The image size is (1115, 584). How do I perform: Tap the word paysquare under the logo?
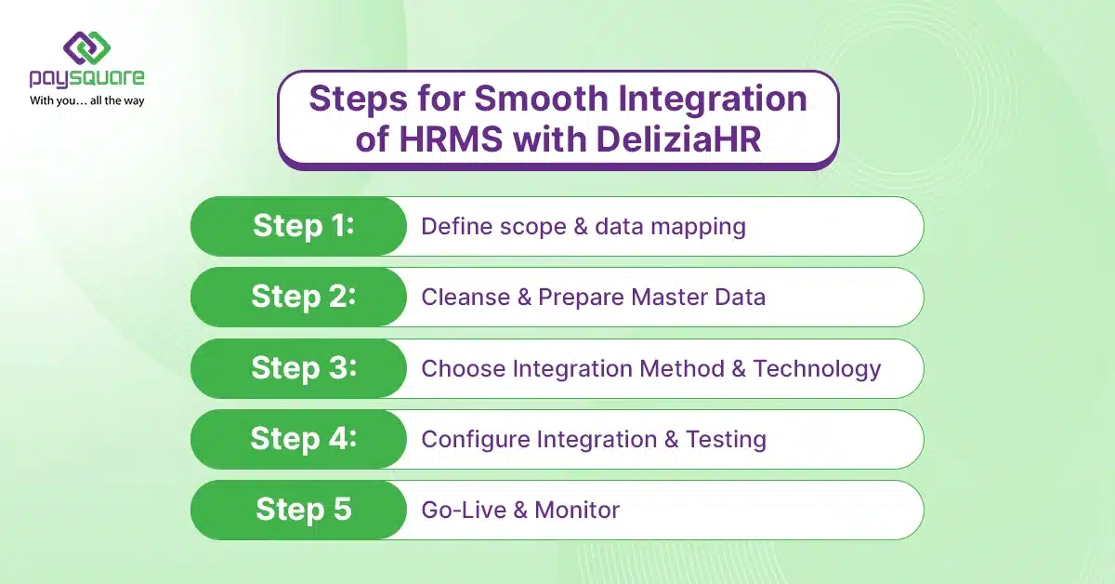pyautogui.click(x=86, y=79)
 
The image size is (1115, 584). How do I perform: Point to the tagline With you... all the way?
pyautogui.click(x=86, y=100)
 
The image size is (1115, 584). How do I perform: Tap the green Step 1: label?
pyautogui.click(x=303, y=226)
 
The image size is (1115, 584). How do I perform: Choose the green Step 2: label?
pyautogui.click(x=303, y=297)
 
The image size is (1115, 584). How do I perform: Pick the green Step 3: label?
pyautogui.click(x=303, y=367)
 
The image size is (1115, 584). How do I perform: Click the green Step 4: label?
pyautogui.click(x=303, y=438)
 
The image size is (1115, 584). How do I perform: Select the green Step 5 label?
pyautogui.click(x=303, y=510)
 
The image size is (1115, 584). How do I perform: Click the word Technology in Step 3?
pyautogui.click(x=817, y=369)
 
